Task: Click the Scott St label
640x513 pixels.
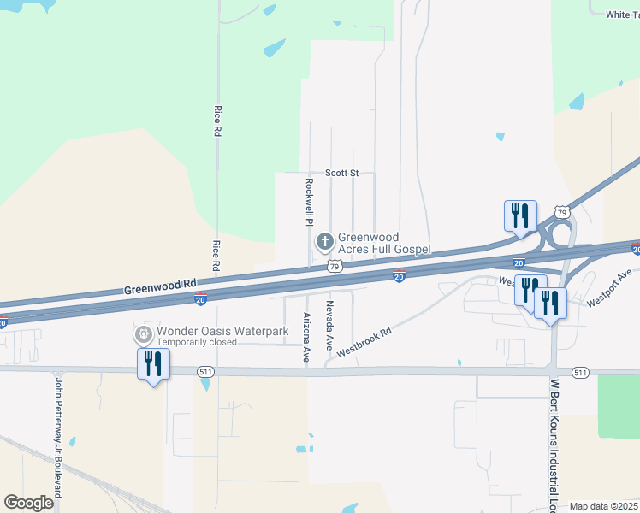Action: coord(341,173)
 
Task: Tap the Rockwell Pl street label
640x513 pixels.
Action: coord(310,202)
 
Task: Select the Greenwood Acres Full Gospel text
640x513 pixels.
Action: coord(383,243)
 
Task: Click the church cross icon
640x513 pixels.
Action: coord(324,242)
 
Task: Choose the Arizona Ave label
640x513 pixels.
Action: coord(306,338)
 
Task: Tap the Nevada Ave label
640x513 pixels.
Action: coord(329,325)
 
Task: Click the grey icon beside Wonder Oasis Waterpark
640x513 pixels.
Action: coord(142,333)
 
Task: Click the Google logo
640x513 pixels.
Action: coord(28,502)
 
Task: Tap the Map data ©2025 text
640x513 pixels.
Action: coord(602,506)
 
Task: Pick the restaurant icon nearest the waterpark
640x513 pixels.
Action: coord(154,363)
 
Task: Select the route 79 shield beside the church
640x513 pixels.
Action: coord(336,267)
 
